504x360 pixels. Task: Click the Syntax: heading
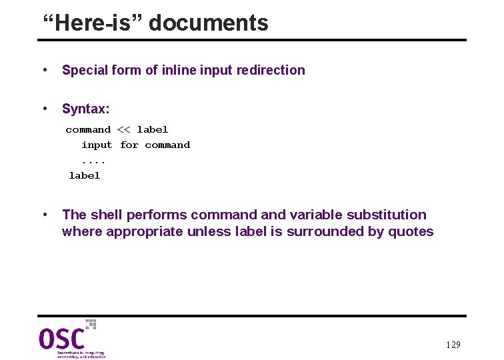[x=86, y=109]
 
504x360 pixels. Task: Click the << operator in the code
[x=124, y=129]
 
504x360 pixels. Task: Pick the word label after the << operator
[x=153, y=129]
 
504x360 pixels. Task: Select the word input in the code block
[x=97, y=145]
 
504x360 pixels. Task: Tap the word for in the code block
[x=129, y=145]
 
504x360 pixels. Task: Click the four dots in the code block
[x=93, y=161]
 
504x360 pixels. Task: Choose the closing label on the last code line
[x=85, y=175]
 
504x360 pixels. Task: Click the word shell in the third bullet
[x=105, y=215]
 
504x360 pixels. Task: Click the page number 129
[x=453, y=345]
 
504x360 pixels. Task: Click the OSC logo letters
[x=61, y=339]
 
